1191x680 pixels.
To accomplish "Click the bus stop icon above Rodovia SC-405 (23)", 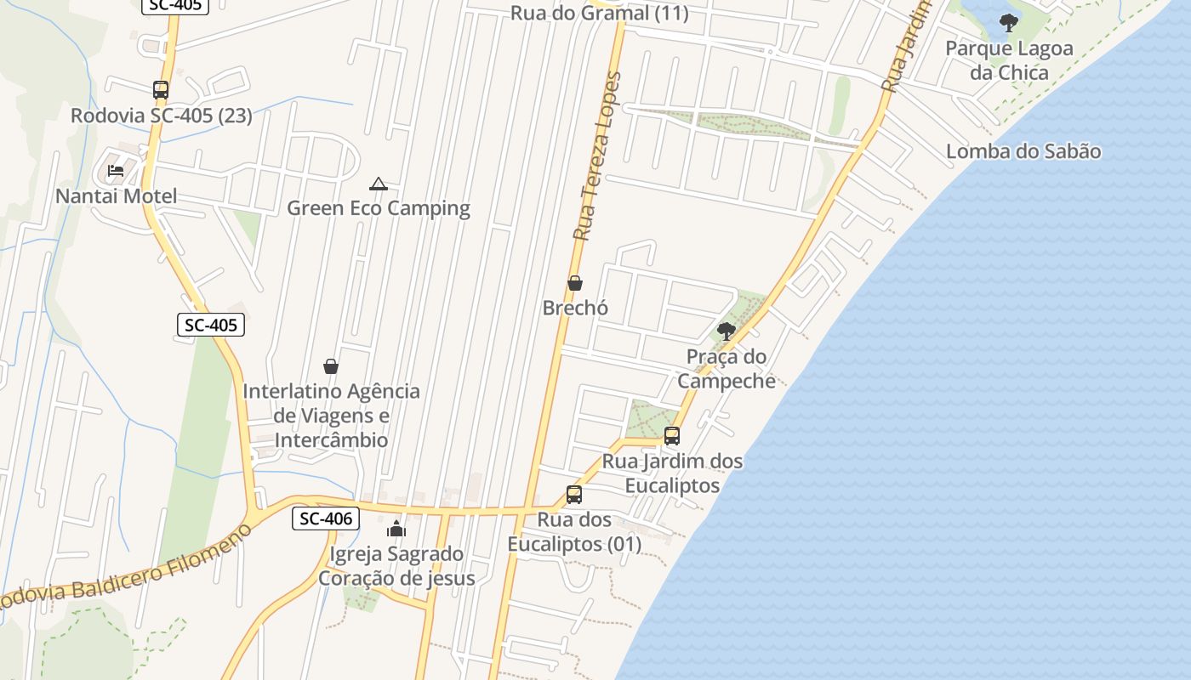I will (x=161, y=89).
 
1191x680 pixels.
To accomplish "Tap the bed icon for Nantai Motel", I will (x=116, y=171).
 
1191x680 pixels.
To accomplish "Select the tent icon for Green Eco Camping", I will (x=378, y=184).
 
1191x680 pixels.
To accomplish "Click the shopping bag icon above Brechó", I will (x=575, y=283).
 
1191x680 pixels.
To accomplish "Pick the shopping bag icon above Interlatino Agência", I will (x=331, y=366).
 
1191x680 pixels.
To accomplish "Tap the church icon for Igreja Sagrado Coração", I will (x=396, y=529).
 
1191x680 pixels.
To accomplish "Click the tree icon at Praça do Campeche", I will (x=727, y=331).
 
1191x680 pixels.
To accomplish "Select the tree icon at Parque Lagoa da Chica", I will (x=1009, y=23).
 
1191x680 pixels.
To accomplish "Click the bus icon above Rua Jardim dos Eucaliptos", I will (x=672, y=436).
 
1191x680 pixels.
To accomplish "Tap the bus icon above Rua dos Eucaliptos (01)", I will (x=574, y=495).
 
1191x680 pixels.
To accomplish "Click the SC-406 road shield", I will (x=326, y=518).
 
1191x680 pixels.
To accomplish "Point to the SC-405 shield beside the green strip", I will (x=211, y=325).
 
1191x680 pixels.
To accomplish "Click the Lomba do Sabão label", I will (x=1023, y=152).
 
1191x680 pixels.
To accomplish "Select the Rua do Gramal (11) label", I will (x=599, y=14).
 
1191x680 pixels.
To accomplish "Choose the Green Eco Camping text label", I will (x=378, y=208).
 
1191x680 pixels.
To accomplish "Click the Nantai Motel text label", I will (x=117, y=196).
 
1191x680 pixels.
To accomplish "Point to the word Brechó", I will (x=575, y=308).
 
